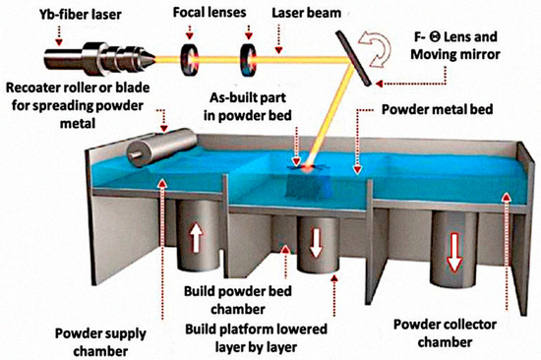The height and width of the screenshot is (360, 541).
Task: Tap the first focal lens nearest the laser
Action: [188, 58]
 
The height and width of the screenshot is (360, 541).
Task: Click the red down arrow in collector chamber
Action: [454, 252]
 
